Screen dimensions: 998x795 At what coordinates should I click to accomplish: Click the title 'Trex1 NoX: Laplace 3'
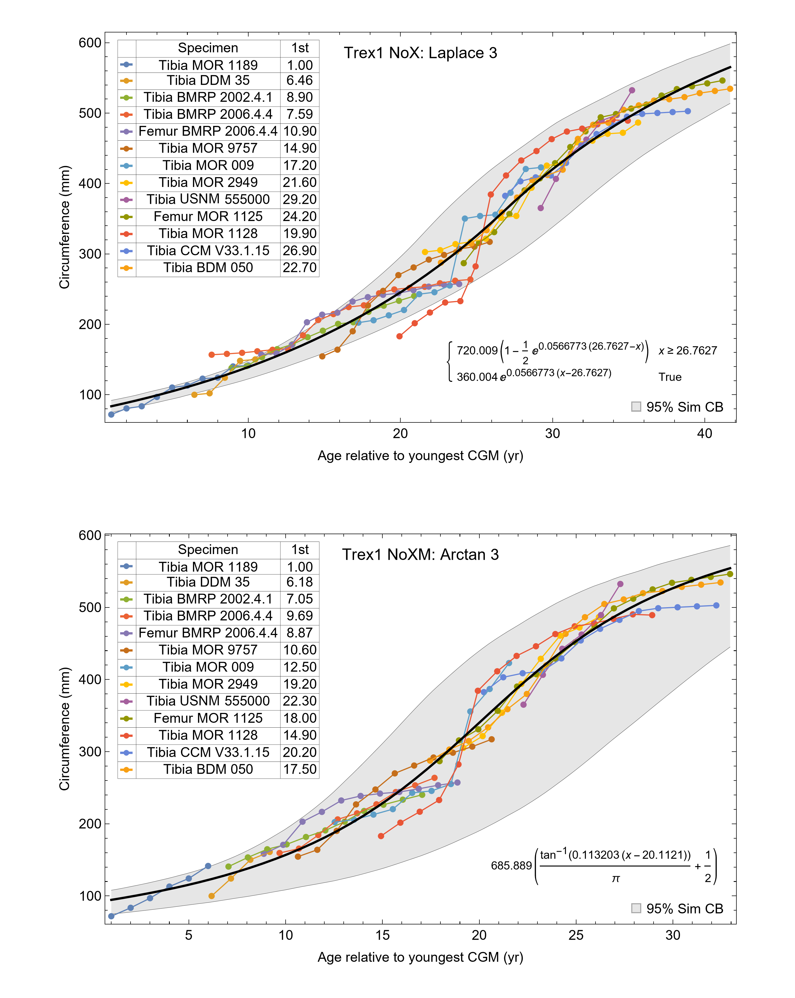[x=420, y=53]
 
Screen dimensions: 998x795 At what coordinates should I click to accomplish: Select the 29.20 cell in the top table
[x=300, y=199]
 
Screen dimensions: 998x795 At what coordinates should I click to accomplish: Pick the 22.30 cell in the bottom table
[x=300, y=701]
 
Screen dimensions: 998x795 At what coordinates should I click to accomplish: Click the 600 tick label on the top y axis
[x=90, y=43]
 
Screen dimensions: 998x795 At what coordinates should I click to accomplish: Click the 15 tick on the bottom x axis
[x=382, y=935]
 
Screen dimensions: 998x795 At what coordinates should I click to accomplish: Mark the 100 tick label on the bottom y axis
[x=90, y=896]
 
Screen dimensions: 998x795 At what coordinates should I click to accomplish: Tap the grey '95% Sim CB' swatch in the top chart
[x=636, y=406]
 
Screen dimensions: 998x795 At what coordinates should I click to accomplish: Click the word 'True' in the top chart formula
[x=670, y=377]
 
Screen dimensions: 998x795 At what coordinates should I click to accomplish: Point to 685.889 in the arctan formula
[x=511, y=866]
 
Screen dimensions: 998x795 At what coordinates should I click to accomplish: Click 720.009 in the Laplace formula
[x=477, y=350]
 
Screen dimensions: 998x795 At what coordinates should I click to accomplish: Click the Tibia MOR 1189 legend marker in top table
[x=126, y=65]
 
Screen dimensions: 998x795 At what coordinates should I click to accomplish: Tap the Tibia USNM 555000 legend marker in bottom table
[x=126, y=701]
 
